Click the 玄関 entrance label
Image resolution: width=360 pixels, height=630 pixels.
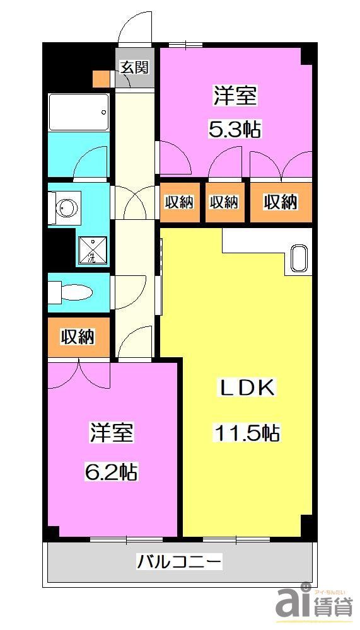coord(134,67)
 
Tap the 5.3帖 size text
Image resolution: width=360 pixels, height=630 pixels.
coord(235,130)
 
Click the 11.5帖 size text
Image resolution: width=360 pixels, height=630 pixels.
coord(247,433)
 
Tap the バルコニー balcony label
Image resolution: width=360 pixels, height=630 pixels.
coord(180,561)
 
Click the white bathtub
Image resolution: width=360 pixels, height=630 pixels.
coord(79,112)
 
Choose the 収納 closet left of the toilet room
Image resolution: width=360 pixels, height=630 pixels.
coord(78,337)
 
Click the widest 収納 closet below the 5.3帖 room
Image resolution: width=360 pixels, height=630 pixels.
coord(281,202)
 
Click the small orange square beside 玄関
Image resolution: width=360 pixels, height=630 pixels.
coord(100,78)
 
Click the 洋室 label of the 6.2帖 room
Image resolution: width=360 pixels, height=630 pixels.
coord(111,433)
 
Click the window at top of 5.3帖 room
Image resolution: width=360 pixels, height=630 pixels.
coord(185,44)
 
